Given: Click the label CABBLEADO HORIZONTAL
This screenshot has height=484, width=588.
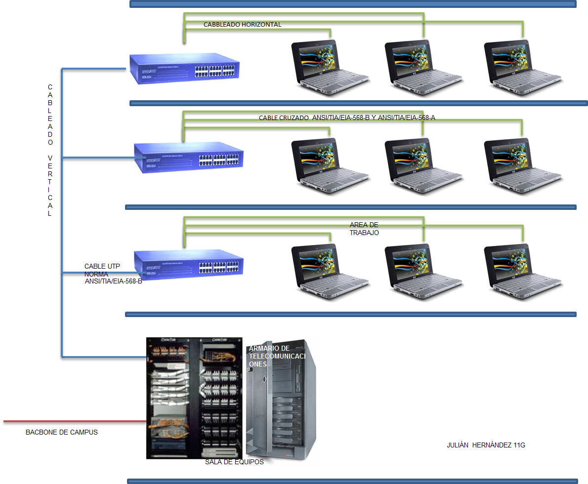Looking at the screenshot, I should pyautogui.click(x=242, y=25).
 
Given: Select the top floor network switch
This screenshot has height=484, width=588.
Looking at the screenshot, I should pyautogui.click(x=184, y=66).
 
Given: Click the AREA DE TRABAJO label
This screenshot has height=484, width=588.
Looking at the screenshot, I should pyautogui.click(x=364, y=229).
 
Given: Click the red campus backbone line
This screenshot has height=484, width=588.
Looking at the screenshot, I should pyautogui.click(x=74, y=421).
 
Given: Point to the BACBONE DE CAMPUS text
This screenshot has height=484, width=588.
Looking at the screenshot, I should pyautogui.click(x=62, y=432).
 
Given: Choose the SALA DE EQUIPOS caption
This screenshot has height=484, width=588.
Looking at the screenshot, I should pyautogui.click(x=234, y=462).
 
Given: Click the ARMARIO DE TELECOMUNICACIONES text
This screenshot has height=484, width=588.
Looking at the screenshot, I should pyautogui.click(x=277, y=356).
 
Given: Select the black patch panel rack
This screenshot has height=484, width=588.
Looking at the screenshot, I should pyautogui.click(x=194, y=398).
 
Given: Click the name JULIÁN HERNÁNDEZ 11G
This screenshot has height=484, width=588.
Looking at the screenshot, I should pyautogui.click(x=485, y=445).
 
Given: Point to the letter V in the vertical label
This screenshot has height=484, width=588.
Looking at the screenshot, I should pyautogui.click(x=50, y=158).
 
